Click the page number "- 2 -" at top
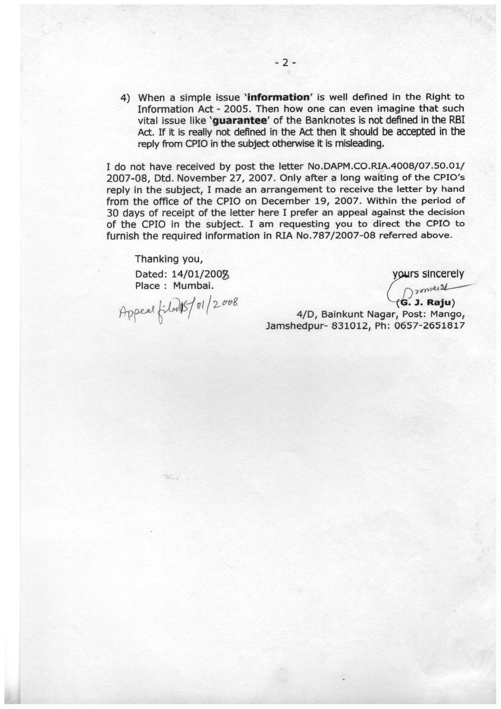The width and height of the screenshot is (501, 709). (285, 62)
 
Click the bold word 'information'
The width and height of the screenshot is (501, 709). (279, 97)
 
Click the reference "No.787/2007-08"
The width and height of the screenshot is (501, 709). (333, 236)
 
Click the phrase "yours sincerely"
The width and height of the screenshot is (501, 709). (428, 274)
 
